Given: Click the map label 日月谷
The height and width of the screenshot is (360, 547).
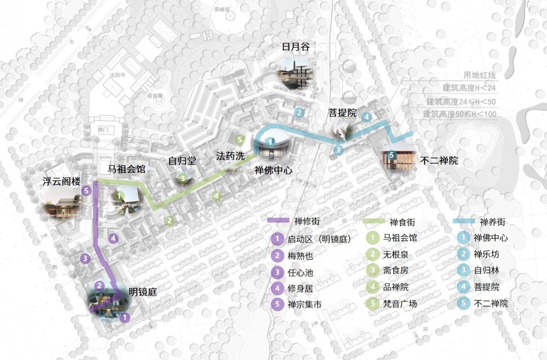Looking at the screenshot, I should [x=295, y=47].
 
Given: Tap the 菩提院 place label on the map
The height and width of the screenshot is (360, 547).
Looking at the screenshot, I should [x=342, y=113].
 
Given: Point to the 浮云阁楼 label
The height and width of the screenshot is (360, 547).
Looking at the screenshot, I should [x=61, y=181].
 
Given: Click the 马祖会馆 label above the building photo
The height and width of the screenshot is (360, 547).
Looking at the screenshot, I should [x=126, y=169].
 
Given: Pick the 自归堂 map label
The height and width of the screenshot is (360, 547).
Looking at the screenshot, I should [x=182, y=161].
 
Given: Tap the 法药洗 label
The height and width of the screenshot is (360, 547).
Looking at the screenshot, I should [x=230, y=156].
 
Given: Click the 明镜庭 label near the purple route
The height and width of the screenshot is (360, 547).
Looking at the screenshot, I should [x=143, y=293].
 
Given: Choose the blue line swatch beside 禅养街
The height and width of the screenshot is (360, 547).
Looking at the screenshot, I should [x=463, y=221].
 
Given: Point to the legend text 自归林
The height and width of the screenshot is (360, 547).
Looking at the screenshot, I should [x=486, y=270].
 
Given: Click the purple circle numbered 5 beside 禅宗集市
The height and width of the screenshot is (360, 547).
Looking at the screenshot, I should [x=277, y=304].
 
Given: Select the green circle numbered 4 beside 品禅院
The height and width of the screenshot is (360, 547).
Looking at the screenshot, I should [x=373, y=287].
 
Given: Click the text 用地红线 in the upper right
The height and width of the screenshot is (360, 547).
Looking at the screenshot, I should [x=479, y=76].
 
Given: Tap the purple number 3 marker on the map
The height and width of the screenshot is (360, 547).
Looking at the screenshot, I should [x=85, y=258].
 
